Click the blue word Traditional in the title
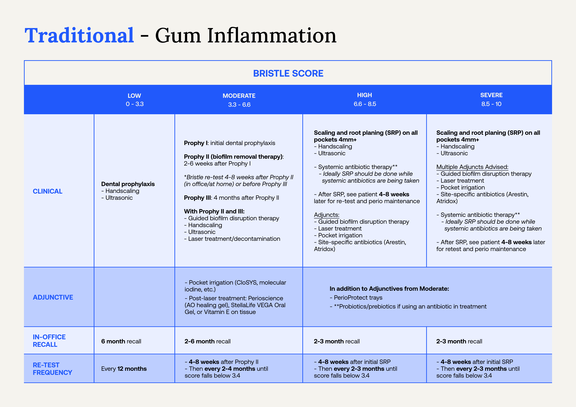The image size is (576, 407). (x=79, y=36)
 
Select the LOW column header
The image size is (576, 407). (x=134, y=96)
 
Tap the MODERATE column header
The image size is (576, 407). (x=239, y=96)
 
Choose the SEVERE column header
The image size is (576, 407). (x=491, y=95)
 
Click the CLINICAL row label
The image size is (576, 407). (x=47, y=191)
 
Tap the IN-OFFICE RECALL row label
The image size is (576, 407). (x=49, y=340)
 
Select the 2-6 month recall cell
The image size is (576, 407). (x=207, y=341)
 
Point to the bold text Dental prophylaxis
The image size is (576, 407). (x=128, y=184)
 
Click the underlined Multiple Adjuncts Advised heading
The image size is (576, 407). (x=472, y=167)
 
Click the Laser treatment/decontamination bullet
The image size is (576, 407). (x=232, y=239)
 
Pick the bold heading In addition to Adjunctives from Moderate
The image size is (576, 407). (x=389, y=288)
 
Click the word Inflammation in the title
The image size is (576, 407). (x=272, y=36)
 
